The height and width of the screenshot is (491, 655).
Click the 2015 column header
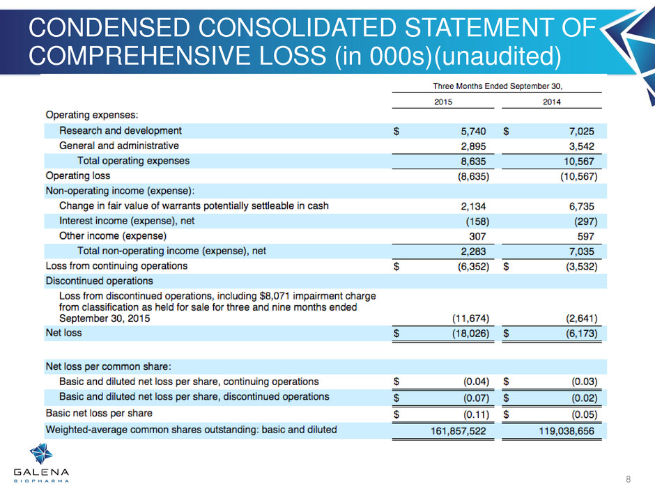[x=442, y=102]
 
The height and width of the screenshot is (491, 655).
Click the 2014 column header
[x=551, y=102]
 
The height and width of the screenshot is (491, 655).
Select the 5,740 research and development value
[x=473, y=132]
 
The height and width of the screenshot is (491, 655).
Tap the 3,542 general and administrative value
[x=581, y=146]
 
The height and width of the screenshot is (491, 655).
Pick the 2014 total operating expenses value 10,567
[x=579, y=162]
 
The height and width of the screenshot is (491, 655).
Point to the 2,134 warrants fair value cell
[x=473, y=207]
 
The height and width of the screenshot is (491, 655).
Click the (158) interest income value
[x=477, y=221]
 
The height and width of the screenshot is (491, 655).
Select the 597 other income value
[x=585, y=237]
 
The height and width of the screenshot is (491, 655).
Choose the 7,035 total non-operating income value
[x=581, y=251]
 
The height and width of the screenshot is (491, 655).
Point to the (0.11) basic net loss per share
[x=476, y=415]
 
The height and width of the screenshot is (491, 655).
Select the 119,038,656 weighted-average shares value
[x=567, y=431]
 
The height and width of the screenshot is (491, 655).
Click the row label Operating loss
[x=78, y=176]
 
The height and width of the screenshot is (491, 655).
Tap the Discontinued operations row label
[x=100, y=281]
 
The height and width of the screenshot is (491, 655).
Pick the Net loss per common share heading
[x=108, y=366]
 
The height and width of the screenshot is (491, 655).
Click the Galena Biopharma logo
[x=41, y=463]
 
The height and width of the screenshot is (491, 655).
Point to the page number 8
[x=629, y=479]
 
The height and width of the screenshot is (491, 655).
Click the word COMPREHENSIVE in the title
[x=178, y=56]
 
